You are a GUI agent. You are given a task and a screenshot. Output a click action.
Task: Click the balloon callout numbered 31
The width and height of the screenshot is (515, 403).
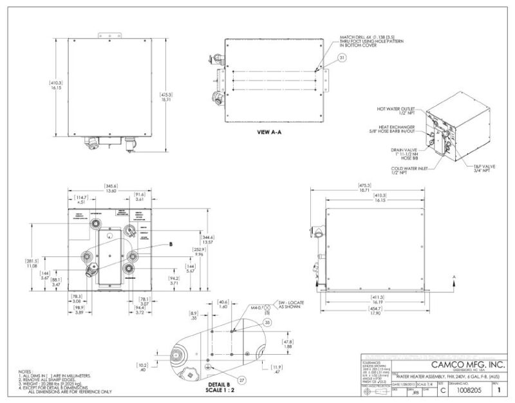pyautogui.click(x=342, y=57)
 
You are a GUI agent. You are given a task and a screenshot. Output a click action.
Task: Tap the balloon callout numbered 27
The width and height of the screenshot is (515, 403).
pyautogui.click(x=241, y=380)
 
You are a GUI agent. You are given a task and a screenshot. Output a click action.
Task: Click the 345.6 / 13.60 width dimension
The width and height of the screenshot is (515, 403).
pyautogui.click(x=111, y=189)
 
